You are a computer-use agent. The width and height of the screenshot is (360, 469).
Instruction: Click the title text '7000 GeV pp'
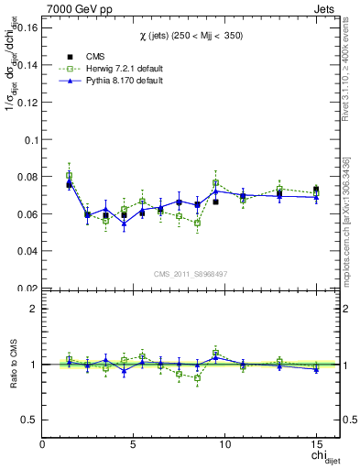75,7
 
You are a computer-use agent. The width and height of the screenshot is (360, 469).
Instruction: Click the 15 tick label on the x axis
316,444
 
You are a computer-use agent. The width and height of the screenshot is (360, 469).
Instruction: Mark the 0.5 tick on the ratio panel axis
30,420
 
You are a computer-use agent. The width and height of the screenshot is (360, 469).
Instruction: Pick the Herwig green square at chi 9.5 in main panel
215,183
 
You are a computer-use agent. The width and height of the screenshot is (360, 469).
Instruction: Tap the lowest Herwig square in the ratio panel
197,377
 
